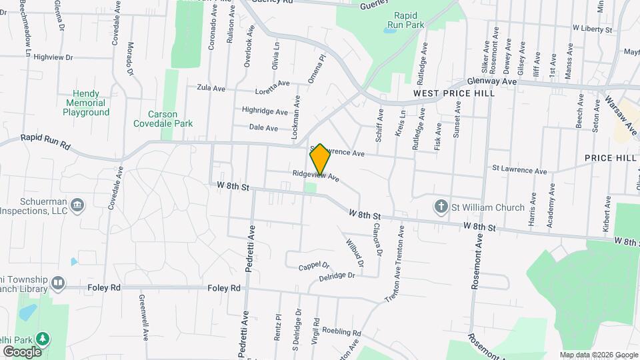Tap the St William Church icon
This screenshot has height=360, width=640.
tap(441, 207)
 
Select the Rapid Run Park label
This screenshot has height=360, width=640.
tap(409, 19)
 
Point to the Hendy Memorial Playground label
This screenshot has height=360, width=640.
tap(86, 103)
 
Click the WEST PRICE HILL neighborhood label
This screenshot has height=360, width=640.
tap(453, 94)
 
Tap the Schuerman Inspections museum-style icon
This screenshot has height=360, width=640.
tap(77, 203)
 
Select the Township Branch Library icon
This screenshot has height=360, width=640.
tap(59, 283)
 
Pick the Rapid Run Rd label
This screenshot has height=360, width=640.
tap(45, 141)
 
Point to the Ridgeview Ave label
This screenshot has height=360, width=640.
tap(316, 175)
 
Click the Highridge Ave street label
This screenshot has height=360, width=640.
tap(264, 111)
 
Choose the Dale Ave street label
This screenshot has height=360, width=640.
tap(263, 127)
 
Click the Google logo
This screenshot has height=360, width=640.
tap(21, 351)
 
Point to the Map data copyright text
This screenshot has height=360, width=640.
tap(598, 355)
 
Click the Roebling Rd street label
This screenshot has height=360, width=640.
tap(341, 332)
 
